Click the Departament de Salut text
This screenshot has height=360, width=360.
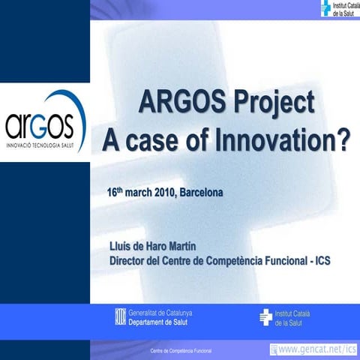coord(158,322)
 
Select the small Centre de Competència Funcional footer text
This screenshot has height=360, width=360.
coord(181,351)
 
